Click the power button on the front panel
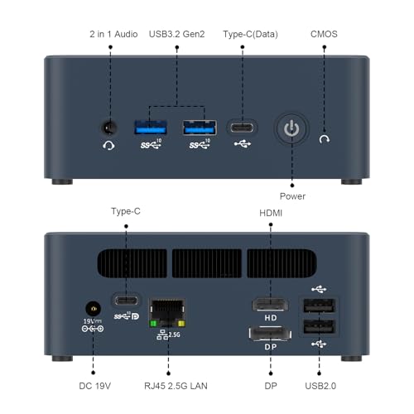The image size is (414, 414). point(291,128)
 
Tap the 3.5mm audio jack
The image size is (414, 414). point(109,128)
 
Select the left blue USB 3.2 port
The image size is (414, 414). point(151,128)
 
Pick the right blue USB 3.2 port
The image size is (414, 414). point(200,128)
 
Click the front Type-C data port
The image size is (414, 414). point(242,128)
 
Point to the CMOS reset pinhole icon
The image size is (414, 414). point(325,139)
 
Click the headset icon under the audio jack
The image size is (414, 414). point(108,145)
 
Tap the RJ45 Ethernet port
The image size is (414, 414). point(167,312)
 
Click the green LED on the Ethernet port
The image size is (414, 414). point(153,324)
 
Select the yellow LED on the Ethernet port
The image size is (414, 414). point(181,324)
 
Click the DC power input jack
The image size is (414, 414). point(93,309)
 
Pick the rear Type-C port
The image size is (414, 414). point(127,301)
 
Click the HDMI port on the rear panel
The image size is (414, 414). point(270,305)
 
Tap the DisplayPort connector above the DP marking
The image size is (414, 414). point(270,334)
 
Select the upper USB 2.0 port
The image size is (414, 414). point(319,306)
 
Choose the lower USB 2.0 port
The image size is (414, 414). point(319,327)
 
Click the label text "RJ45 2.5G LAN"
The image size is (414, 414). point(176,386)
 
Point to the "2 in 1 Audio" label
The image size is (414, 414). point(113,34)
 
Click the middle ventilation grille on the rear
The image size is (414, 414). point(207,263)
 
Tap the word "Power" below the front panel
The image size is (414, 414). point(292,196)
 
